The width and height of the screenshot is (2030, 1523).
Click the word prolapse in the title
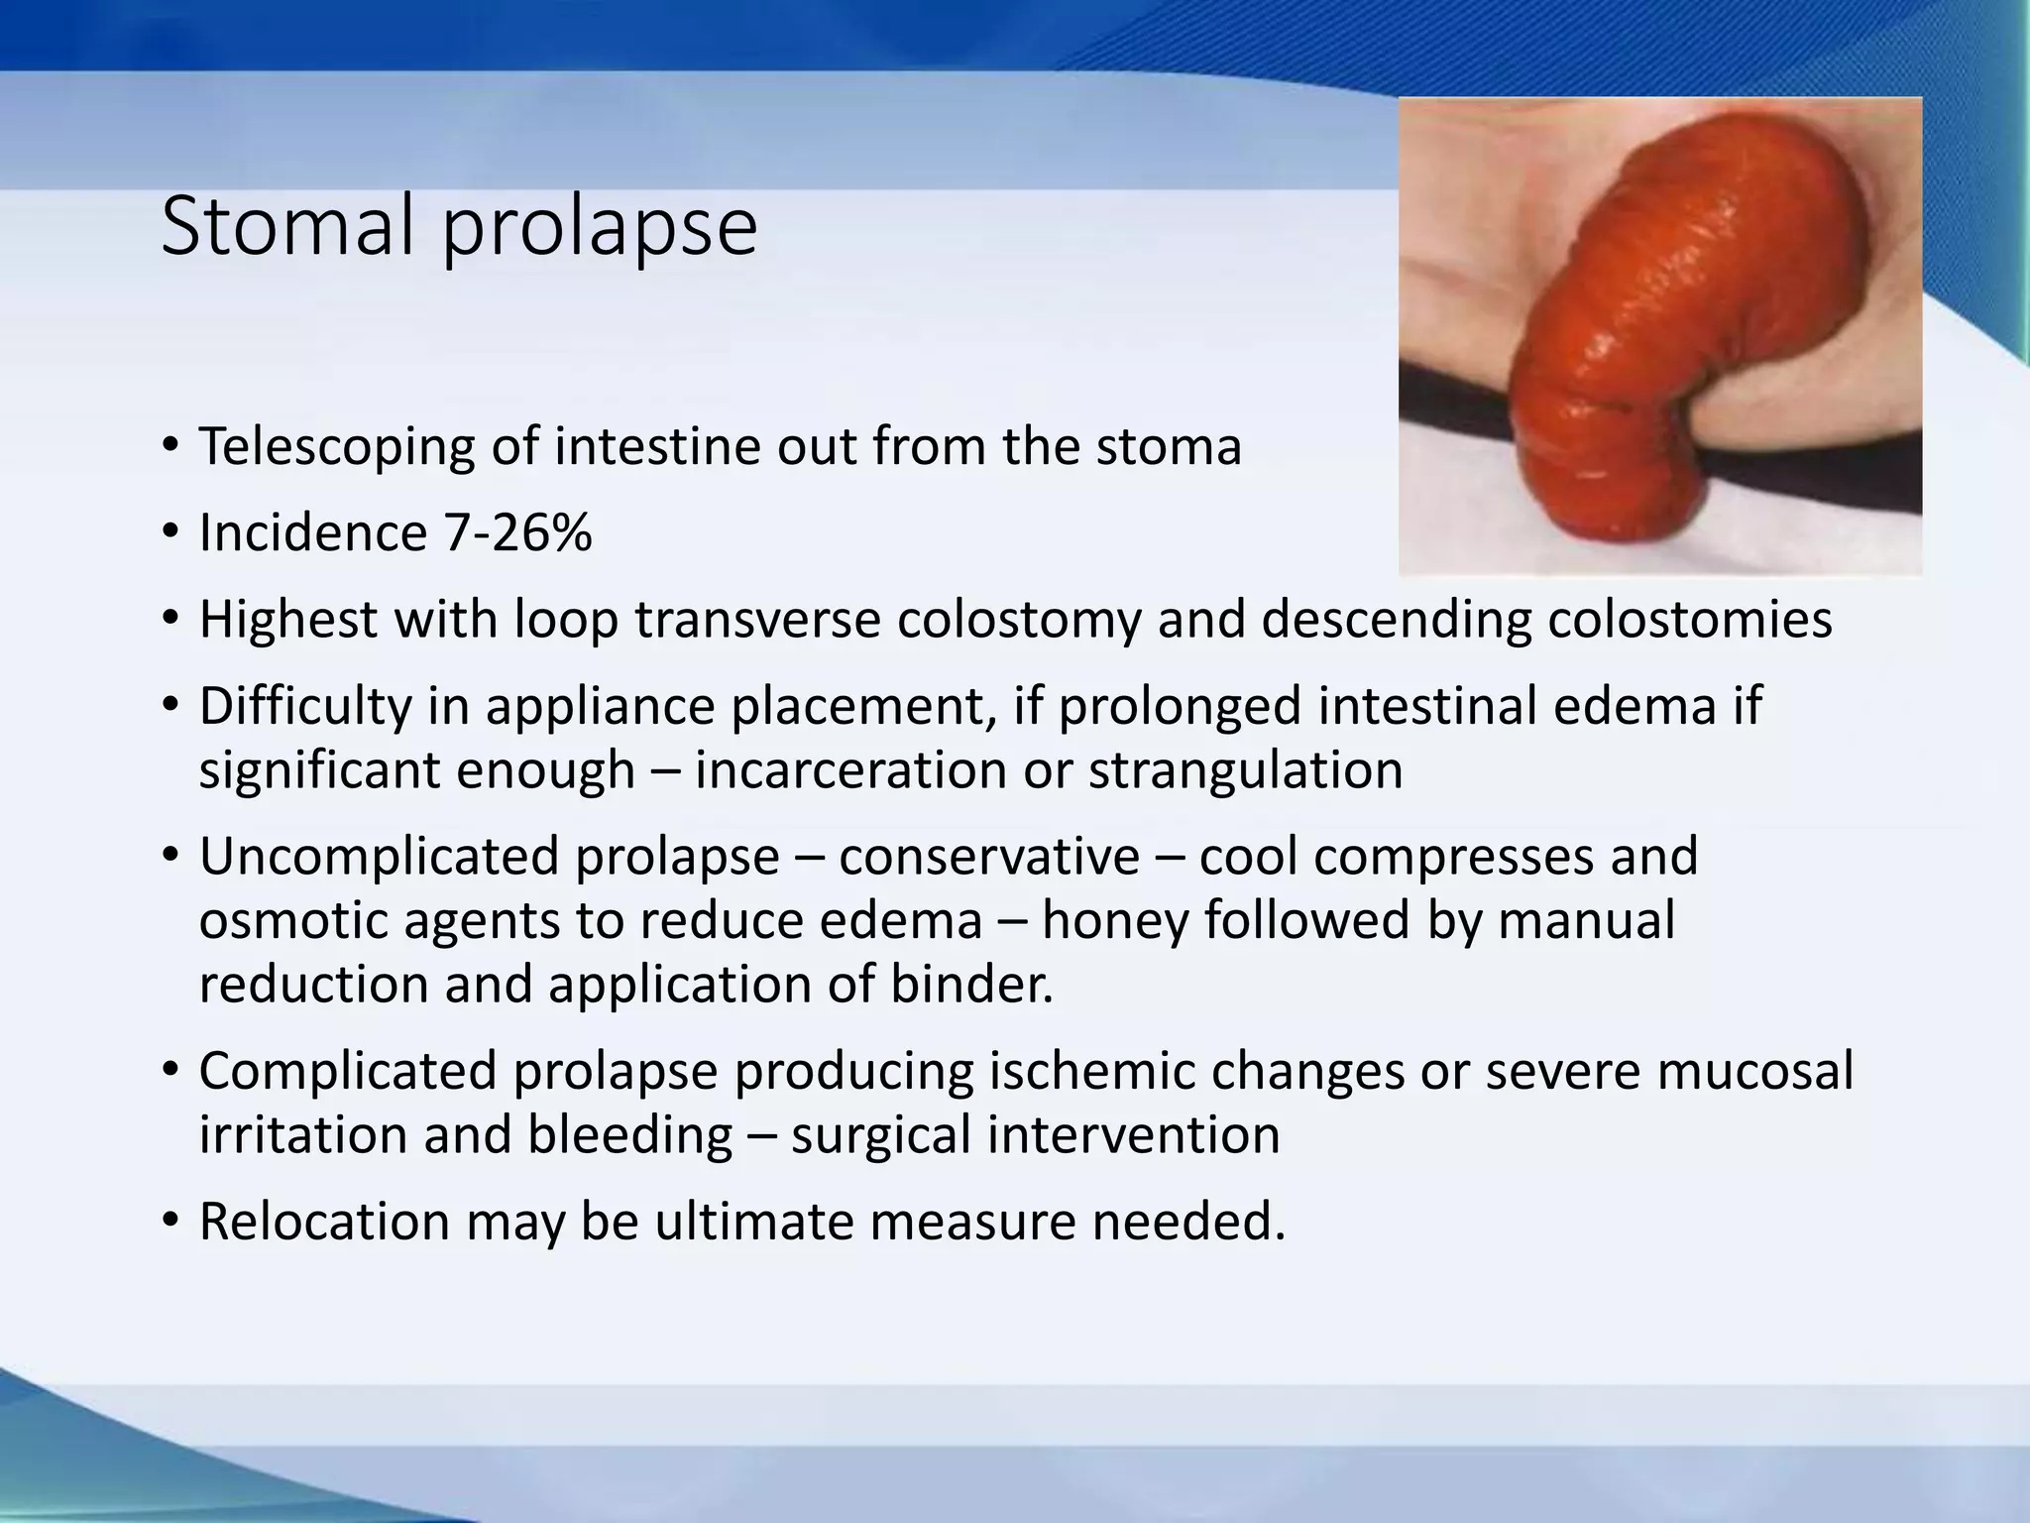[599, 230]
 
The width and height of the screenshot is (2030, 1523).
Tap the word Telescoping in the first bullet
[335, 447]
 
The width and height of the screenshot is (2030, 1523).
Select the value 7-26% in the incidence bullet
[517, 533]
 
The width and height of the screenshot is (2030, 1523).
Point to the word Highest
[287, 621]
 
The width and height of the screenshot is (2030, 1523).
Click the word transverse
[758, 620]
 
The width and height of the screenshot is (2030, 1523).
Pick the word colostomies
[1689, 620]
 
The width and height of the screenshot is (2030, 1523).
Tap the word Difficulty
[303, 707]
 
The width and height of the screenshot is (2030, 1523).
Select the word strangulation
[1246, 770]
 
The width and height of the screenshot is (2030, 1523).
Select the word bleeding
[629, 1135]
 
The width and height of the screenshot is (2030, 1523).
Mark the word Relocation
[325, 1222]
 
